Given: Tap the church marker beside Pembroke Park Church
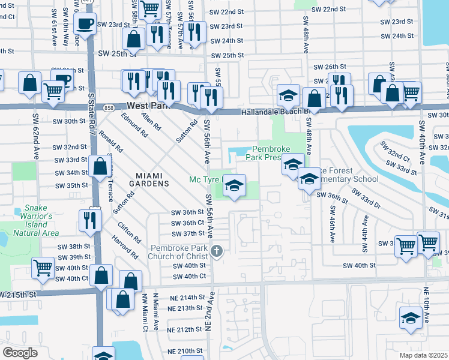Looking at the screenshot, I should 220,251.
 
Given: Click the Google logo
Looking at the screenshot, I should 20,353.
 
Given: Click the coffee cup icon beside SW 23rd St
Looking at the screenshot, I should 84,24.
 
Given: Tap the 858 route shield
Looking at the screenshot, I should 109,107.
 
